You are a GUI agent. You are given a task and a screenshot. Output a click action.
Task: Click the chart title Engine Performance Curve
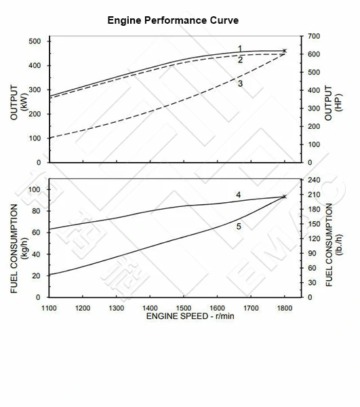pos(173,20)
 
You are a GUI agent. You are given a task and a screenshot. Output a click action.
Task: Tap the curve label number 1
pos(240,49)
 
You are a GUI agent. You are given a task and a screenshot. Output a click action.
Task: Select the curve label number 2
pos(240,60)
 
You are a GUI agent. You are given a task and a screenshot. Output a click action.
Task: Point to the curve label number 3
pos(240,83)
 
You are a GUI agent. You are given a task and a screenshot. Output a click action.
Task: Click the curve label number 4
pos(238,195)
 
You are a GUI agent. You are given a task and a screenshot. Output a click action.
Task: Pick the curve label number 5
pos(239,226)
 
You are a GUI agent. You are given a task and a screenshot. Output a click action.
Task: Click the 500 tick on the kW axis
pos(35,41)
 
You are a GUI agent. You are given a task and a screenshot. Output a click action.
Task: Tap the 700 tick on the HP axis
pos(313,36)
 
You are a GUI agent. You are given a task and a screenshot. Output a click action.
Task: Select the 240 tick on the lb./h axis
pos(313,180)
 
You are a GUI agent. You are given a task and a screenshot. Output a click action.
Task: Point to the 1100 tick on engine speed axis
pos(49,307)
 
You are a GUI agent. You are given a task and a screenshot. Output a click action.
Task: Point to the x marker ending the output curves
pos(285,51)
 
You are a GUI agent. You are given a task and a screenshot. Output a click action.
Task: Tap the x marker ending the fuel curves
pos(285,197)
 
